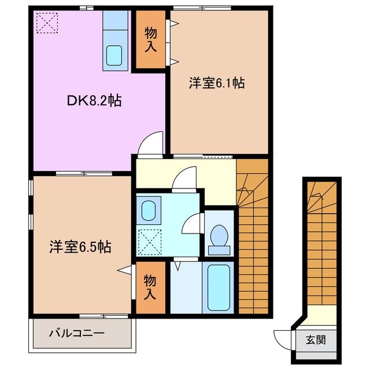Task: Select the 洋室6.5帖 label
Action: click(x=79, y=247)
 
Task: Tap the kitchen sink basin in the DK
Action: click(x=115, y=56)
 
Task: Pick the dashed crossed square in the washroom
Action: click(x=150, y=242)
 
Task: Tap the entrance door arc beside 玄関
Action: click(x=283, y=337)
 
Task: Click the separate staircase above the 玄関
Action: click(x=320, y=243)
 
